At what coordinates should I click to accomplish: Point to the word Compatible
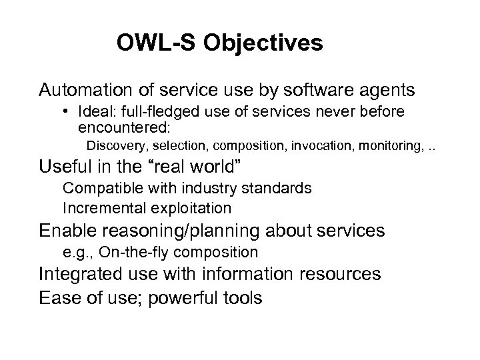pos(99,188)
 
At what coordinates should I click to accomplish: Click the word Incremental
pos(101,208)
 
